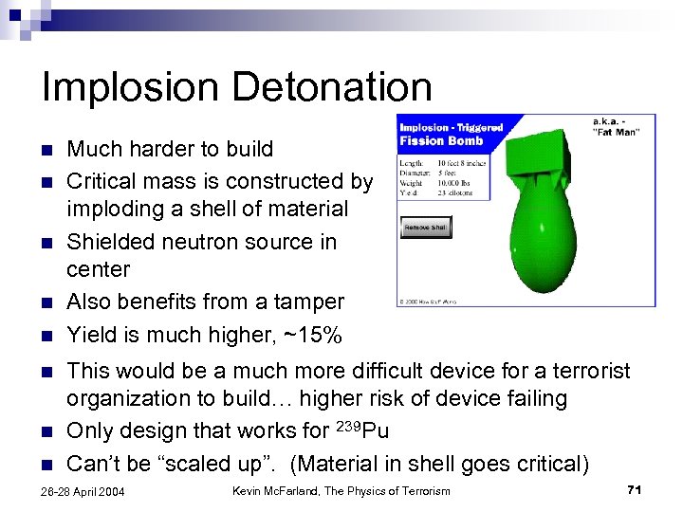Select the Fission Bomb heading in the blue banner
441,140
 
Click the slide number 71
635,489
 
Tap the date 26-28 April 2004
84,491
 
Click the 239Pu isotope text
363,430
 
